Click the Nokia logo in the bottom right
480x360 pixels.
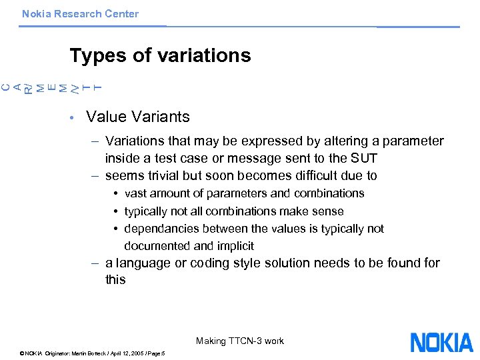[x=441, y=342]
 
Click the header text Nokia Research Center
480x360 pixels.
[x=80, y=13]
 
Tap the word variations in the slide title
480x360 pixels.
[x=203, y=55]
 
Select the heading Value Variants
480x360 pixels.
[x=138, y=117]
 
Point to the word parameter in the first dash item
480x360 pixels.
[x=413, y=141]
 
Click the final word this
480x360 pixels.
[x=115, y=279]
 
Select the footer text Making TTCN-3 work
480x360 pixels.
[x=240, y=341]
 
